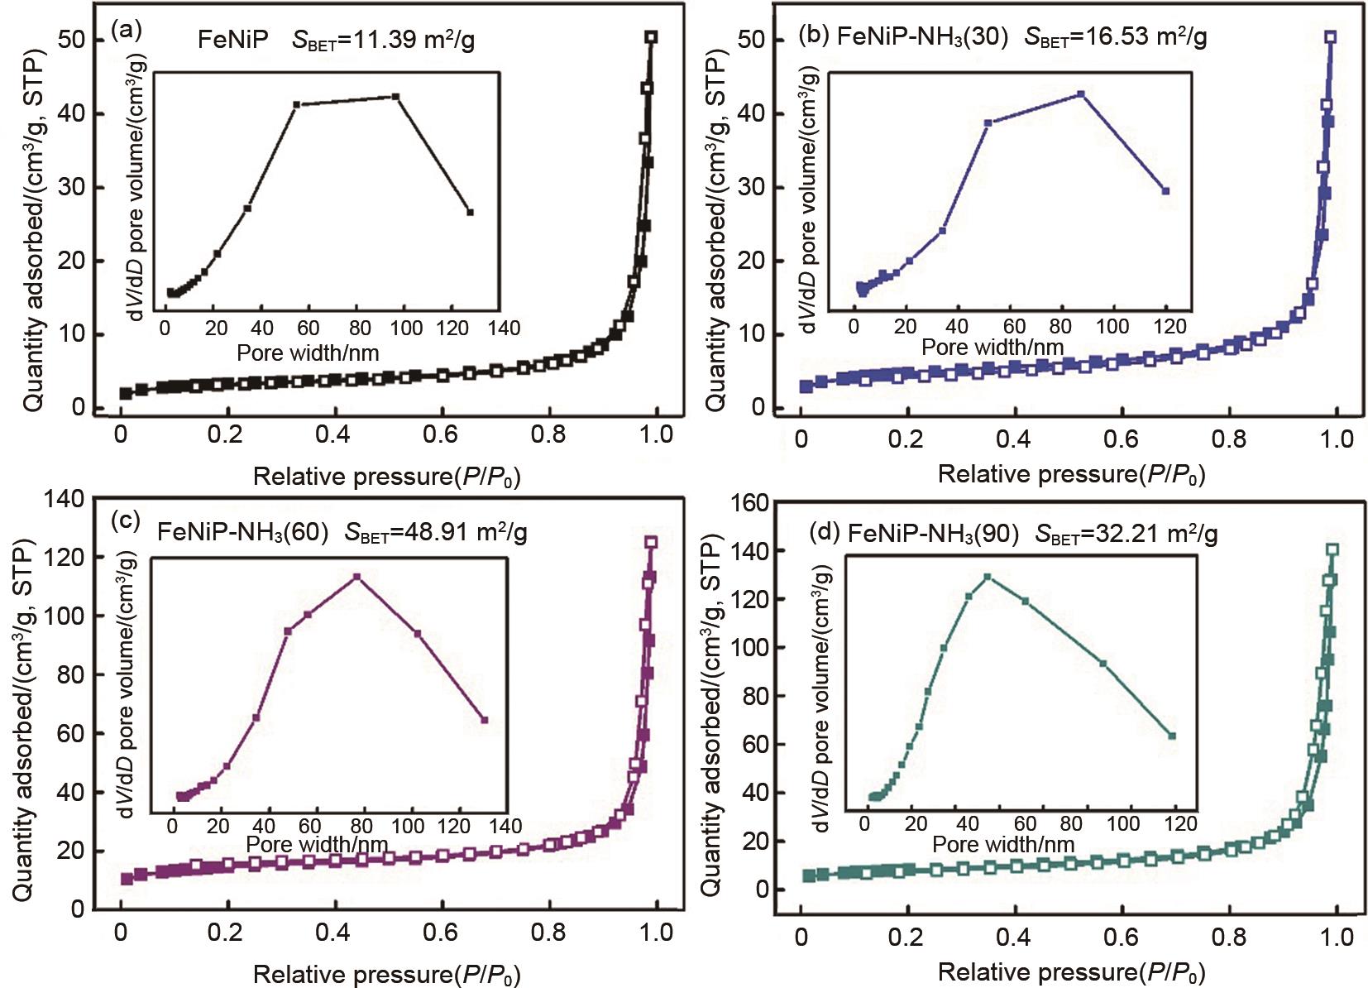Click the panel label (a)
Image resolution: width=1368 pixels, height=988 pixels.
pos(126,31)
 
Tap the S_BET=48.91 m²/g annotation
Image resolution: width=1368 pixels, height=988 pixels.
pos(436,532)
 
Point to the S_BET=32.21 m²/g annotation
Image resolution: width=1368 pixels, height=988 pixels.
pos(1126,534)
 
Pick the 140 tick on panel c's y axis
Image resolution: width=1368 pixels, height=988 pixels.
pos(65,499)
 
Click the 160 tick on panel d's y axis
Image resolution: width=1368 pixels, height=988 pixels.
pos(746,502)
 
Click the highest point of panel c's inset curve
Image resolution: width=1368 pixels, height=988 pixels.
pos(357,576)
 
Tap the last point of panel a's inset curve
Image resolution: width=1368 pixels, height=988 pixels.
pos(470,213)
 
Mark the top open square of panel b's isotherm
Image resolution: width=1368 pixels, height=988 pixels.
pos(1330,37)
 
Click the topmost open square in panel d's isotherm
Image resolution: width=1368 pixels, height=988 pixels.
pos(1332,549)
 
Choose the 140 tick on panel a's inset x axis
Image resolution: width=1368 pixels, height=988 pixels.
pos(504,329)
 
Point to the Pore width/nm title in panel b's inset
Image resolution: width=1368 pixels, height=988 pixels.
pos(992,347)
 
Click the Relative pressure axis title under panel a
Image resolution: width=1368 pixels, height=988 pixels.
pos(386,477)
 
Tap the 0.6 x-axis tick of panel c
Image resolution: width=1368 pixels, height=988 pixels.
pos(440,933)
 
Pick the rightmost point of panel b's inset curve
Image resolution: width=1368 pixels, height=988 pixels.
pos(1165,191)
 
